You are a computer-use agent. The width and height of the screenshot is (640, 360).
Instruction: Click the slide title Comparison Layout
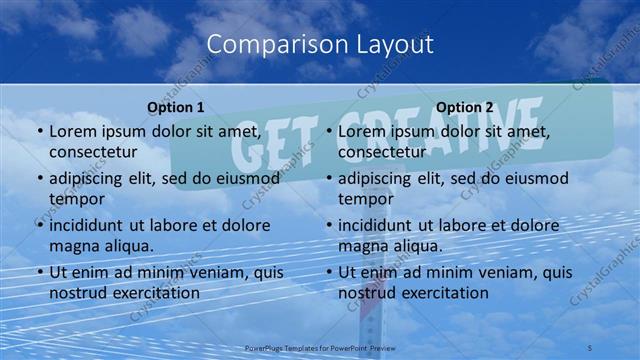(320, 44)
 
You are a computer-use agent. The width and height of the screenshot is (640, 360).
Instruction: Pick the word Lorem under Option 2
(362, 131)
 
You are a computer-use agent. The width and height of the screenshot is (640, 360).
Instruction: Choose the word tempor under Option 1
(74, 199)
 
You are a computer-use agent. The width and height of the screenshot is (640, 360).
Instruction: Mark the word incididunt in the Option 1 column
(91, 225)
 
